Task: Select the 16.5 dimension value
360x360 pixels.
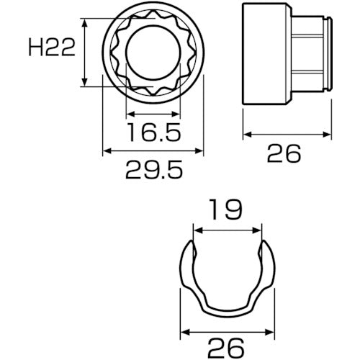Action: [x=151, y=133]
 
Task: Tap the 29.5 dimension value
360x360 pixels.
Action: [x=152, y=170]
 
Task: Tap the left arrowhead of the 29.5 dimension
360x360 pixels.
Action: [x=107, y=151]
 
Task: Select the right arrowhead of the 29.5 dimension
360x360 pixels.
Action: [x=198, y=151]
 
